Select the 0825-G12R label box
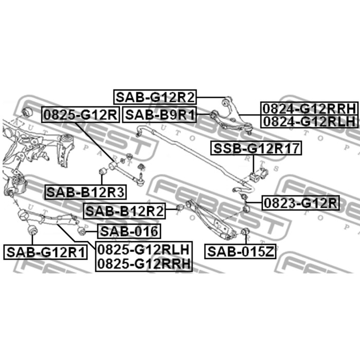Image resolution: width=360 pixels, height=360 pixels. point(80,114)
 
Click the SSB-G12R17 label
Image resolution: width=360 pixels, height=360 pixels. point(256,149)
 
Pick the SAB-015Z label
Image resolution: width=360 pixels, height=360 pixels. point(241,252)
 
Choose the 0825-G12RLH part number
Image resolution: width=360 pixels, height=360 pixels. point(143,250)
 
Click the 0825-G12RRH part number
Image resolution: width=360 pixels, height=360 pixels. point(143,264)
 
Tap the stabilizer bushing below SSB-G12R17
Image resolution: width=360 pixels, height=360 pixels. point(256,176)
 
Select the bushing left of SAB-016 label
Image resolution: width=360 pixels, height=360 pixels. point(81,230)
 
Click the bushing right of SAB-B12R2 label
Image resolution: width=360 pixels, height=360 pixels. point(179,208)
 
